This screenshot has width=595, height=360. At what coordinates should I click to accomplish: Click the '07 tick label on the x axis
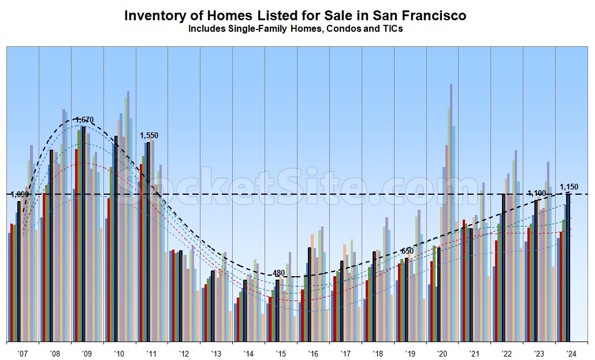click(x=23, y=354)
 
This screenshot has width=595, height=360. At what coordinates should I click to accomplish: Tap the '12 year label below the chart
click(x=184, y=354)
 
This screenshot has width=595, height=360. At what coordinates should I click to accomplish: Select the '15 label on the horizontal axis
click(x=281, y=354)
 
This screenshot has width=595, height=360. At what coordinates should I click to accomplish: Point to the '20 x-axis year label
click(x=442, y=354)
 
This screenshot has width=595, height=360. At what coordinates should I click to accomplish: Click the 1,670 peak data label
click(x=84, y=120)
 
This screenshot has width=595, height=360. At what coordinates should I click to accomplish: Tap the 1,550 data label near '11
click(x=149, y=135)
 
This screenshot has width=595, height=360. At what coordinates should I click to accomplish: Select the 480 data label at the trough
click(x=279, y=273)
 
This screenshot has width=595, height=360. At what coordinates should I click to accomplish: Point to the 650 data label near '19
click(x=407, y=251)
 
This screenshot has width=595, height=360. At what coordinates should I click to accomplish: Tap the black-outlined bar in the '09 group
click(x=84, y=234)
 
